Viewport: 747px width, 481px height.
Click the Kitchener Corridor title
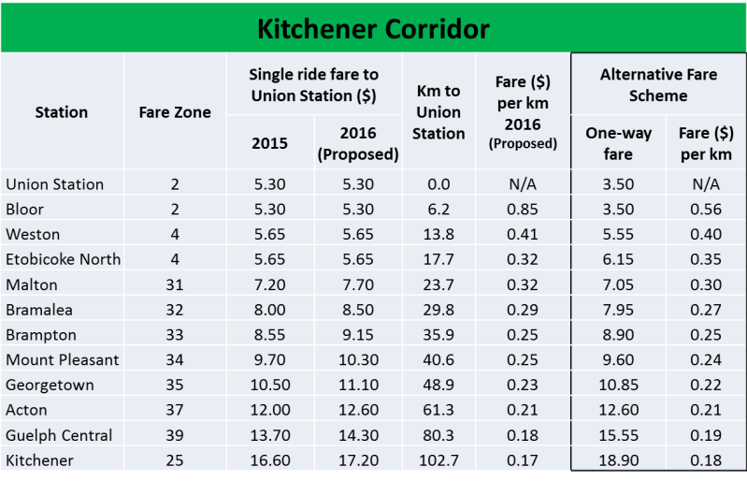(x=373, y=29)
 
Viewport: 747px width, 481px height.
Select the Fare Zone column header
(x=175, y=112)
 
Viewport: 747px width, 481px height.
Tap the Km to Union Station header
(x=438, y=112)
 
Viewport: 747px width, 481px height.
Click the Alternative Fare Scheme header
(x=657, y=84)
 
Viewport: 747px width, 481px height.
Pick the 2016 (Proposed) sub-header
(x=357, y=144)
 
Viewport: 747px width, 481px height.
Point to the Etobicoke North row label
(x=64, y=259)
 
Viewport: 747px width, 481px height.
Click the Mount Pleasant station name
(x=63, y=359)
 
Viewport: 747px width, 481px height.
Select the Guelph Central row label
(x=59, y=435)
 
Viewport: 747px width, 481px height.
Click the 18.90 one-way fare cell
(x=617, y=460)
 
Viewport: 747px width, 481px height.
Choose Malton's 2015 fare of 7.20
(x=269, y=284)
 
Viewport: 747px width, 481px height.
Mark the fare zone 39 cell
(x=175, y=435)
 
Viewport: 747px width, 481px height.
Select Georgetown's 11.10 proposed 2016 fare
(x=357, y=385)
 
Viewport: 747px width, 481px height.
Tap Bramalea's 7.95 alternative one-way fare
(x=617, y=310)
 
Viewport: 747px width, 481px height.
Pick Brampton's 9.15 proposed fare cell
(x=357, y=334)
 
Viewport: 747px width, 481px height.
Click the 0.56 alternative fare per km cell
(x=705, y=209)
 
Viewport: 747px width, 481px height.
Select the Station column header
(x=62, y=112)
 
